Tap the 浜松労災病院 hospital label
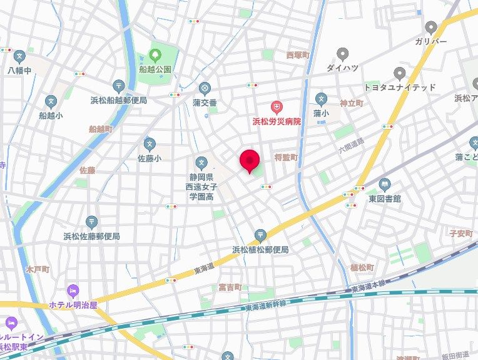(276, 121)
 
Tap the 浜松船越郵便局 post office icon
(119, 86)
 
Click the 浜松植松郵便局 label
(260, 249)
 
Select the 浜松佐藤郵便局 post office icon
(92, 222)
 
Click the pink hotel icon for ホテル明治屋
(73, 291)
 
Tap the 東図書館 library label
(384, 198)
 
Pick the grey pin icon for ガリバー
(430, 28)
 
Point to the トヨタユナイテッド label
(400, 87)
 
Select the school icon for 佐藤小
(149, 144)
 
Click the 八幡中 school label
(19, 70)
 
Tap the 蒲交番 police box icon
(204, 88)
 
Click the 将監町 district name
(286, 157)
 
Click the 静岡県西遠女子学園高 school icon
(201, 163)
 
